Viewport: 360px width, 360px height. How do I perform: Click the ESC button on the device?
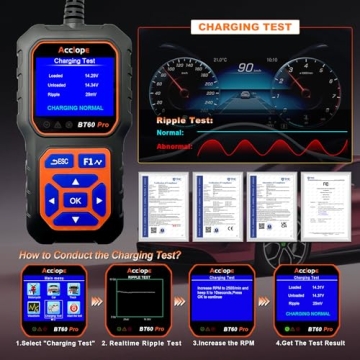pos(55,160)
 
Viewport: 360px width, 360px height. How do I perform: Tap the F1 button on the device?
pos(92,160)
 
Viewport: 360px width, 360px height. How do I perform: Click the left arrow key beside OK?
pos(49,199)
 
